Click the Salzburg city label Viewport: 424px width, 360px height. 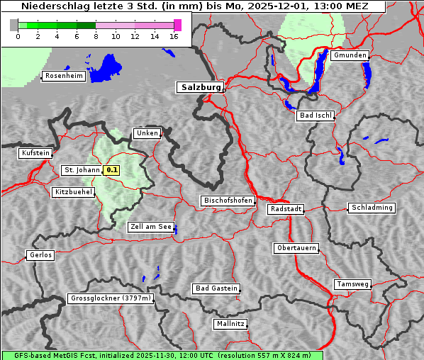pos(200,87)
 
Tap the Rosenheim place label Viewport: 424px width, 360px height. pos(63,76)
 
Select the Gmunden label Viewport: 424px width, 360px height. pos(350,55)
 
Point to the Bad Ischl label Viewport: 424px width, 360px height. pos(315,116)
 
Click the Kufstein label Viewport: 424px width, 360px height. pos(35,153)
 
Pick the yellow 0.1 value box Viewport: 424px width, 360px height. pos(111,170)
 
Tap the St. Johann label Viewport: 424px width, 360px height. pos(82,170)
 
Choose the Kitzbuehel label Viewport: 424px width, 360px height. pos(73,192)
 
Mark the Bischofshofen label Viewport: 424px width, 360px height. pos(228,201)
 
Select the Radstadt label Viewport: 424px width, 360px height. pos(286,209)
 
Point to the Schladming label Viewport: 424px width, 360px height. pos(371,208)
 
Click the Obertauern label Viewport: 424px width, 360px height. pos(296,248)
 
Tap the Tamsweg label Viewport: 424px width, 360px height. pos(352,284)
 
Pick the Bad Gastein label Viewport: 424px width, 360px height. pos(216,288)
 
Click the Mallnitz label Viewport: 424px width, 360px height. pos(230,324)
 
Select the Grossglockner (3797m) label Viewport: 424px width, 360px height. pos(111,298)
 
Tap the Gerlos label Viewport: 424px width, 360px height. pos(40,255)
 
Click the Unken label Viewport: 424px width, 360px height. pos(147,133)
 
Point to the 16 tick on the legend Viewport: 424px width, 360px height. pos(174,36)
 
